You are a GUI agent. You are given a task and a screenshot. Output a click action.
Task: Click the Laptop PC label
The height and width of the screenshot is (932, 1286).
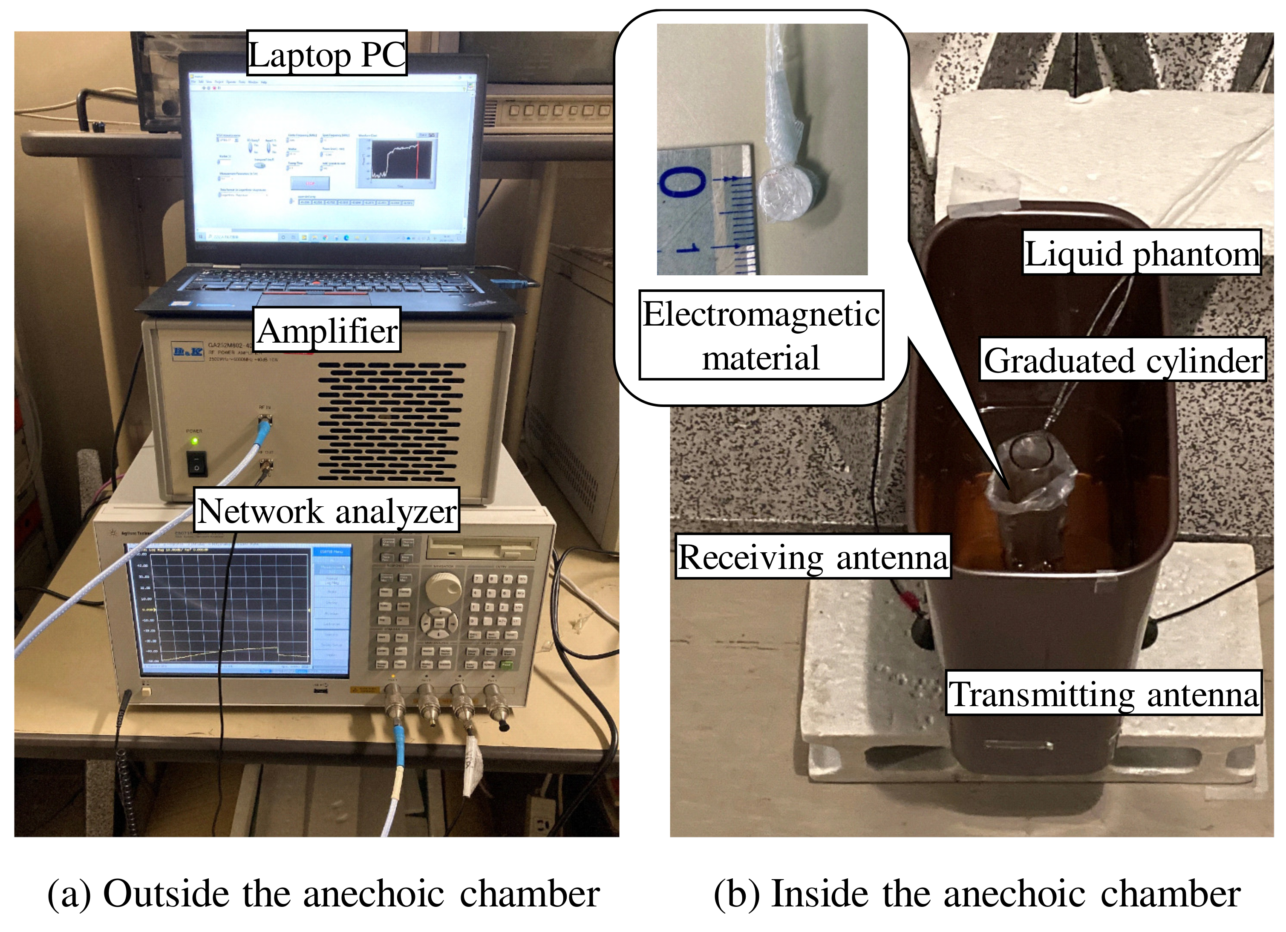(x=326, y=53)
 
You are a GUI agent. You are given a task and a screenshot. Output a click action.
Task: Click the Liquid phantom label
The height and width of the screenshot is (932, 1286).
(x=1142, y=252)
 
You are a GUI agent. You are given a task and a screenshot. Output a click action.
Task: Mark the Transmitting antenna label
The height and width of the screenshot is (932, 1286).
(x=1104, y=693)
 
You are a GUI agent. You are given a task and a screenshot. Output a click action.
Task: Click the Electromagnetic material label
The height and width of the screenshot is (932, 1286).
(x=761, y=335)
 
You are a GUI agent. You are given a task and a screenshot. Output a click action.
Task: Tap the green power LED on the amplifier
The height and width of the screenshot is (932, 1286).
(x=194, y=441)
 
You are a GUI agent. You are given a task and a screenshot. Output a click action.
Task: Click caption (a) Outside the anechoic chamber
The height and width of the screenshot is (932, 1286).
(x=323, y=894)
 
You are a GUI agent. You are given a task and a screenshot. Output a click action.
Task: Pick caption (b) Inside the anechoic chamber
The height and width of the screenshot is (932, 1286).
(x=976, y=894)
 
